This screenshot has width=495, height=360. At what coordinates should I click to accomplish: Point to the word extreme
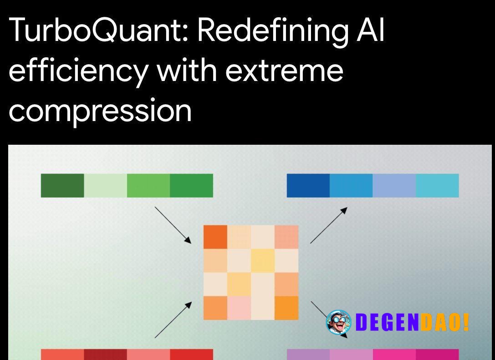pos(284,71)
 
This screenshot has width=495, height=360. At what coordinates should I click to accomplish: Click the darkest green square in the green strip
pos(62,186)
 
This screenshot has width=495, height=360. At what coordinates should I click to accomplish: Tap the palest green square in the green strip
pos(106,186)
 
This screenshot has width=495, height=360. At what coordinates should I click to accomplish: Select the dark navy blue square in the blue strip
pos(308,186)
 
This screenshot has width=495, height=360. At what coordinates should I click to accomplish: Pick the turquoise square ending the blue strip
pos(437,186)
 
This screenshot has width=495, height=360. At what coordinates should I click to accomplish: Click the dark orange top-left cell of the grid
pos(215,237)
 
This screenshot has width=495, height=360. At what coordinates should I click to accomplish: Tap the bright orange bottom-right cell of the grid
pos(286,308)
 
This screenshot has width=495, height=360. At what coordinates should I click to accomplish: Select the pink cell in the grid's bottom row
pos(239,308)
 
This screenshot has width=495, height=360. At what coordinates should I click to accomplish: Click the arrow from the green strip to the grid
pos(173,225)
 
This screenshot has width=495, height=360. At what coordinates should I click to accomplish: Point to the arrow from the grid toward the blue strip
pos(329,225)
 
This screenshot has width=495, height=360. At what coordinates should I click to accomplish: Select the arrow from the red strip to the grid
pos(173,320)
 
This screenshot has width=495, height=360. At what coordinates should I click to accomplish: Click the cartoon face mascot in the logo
pos(338,322)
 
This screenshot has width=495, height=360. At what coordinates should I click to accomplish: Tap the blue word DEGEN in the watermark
pos(387,322)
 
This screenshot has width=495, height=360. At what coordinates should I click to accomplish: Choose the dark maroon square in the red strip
pos(106,355)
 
